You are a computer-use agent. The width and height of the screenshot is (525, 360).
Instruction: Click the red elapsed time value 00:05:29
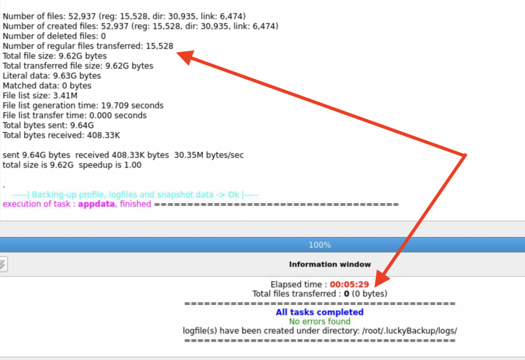pyautogui.click(x=349, y=284)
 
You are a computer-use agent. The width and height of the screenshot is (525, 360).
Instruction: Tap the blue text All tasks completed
pyautogui.click(x=319, y=312)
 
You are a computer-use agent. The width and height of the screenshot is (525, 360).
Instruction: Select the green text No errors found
pyautogui.click(x=320, y=322)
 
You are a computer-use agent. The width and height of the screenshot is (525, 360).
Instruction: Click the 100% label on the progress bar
pyautogui.click(x=320, y=245)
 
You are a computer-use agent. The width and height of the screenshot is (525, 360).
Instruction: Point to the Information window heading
pyautogui.click(x=330, y=264)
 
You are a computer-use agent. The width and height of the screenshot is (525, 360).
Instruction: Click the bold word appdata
pyautogui.click(x=97, y=204)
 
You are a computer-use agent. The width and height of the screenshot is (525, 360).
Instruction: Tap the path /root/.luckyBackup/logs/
pyautogui.click(x=409, y=331)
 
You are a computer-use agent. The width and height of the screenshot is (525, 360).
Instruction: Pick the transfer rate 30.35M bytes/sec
pyautogui.click(x=209, y=155)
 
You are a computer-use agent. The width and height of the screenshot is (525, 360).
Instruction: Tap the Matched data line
pyautogui.click(x=47, y=86)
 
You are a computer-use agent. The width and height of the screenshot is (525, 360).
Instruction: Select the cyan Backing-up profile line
pyautogui.click(x=135, y=195)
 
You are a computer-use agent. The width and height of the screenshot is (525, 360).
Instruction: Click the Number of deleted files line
pyautogui.click(x=54, y=36)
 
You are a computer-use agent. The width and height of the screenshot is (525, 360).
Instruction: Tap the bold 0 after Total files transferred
pyautogui.click(x=346, y=294)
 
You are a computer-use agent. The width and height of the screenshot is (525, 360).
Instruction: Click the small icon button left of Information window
pyautogui.click(x=3, y=264)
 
